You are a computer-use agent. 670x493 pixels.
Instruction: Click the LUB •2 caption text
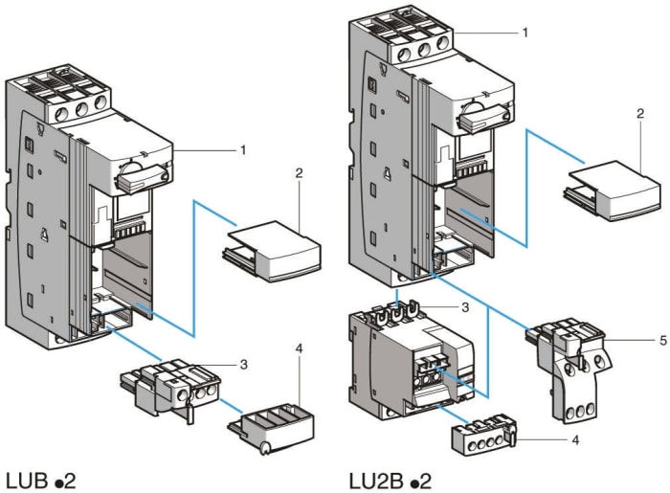(43, 476)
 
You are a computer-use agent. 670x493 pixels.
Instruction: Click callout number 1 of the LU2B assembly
(525, 33)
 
